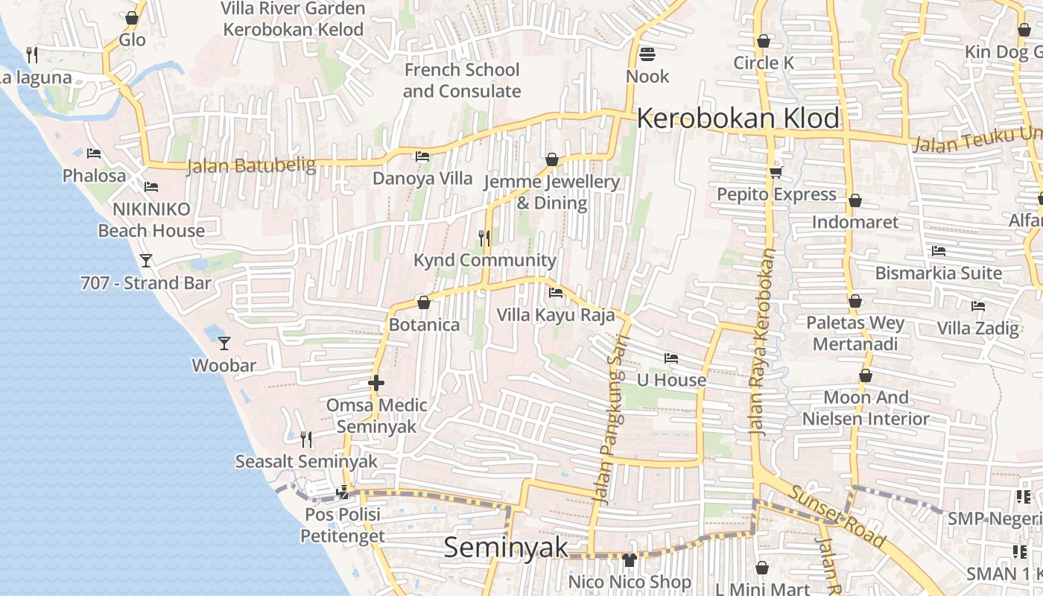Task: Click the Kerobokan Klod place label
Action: pos(738,118)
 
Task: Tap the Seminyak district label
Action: pos(506,548)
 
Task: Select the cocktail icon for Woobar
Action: pos(223,343)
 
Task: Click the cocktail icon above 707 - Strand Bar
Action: pos(146,260)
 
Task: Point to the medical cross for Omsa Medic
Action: pos(376,384)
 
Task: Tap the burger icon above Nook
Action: pos(647,54)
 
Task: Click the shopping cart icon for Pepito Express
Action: pos(776,173)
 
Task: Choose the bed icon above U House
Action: pos(671,358)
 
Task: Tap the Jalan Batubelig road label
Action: pos(251,165)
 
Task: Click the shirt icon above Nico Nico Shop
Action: pos(630,559)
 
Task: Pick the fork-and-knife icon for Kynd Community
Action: pos(484,238)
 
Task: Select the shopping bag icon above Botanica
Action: pos(424,302)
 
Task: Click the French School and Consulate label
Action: pos(461,80)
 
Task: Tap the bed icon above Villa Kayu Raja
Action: pos(555,292)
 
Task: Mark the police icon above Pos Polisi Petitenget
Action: pos(343,492)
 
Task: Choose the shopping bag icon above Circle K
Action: pos(763,41)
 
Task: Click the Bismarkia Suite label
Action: pos(938,273)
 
